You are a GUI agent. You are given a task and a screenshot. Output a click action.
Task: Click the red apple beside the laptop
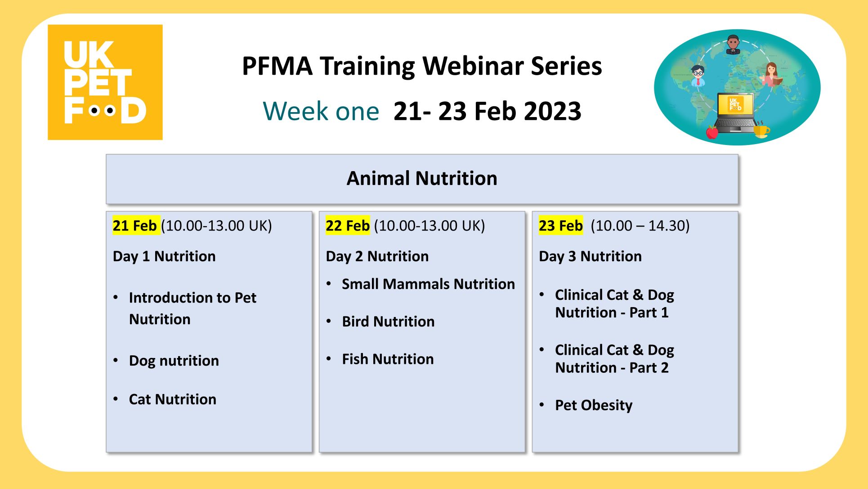pos(712,132)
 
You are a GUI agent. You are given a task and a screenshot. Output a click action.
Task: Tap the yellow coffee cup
pos(761,130)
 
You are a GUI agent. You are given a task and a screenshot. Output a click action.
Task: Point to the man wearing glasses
pos(698,75)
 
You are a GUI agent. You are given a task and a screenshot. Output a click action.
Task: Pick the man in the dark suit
pos(733,45)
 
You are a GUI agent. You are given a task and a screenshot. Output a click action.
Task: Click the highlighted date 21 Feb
pos(134,225)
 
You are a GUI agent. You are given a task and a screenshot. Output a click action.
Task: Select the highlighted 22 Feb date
pos(348,225)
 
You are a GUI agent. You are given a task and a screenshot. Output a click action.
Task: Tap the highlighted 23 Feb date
pos(561,225)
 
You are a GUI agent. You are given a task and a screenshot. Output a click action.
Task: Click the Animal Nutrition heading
pos(422,178)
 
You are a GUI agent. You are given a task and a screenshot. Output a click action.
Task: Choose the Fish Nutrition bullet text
pos(388,359)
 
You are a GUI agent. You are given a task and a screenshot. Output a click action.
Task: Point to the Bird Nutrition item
pos(388,321)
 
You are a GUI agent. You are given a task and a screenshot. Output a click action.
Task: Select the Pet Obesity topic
pos(594,405)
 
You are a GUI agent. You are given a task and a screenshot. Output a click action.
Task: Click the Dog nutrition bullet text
pos(174,361)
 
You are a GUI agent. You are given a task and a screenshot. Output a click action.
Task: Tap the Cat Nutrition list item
pos(173,399)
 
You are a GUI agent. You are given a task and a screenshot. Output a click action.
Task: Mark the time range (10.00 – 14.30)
pos(640,226)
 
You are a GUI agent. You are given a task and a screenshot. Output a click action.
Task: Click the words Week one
pos(321,111)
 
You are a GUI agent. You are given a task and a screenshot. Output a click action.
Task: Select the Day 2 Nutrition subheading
pos(377,256)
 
